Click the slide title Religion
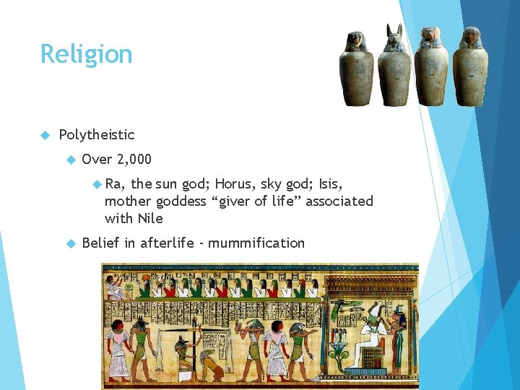86,54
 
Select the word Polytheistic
96,134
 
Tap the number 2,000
133,159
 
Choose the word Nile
150,218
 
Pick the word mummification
256,243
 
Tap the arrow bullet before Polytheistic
44,134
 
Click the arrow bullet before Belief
70,243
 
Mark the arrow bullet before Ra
97,183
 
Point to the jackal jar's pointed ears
395,30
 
